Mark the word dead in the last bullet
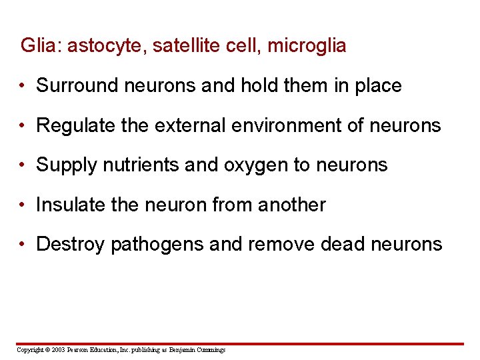343,244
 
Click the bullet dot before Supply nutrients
23,165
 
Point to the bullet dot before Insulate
23,205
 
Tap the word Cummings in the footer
211,350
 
